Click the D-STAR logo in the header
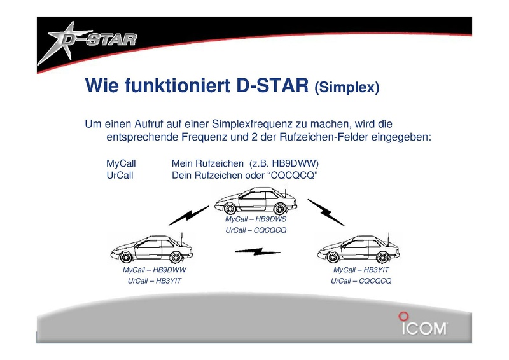pyautogui.click(x=88, y=41)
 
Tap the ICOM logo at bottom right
pyautogui.click(x=423, y=324)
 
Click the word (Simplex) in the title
pyautogui.click(x=347, y=87)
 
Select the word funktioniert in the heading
pyautogui.click(x=178, y=85)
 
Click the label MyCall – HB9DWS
pyautogui.click(x=256, y=219)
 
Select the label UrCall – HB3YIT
pyautogui.click(x=155, y=280)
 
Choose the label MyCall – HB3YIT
pyautogui.click(x=361, y=270)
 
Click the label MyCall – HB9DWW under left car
pyautogui.click(x=155, y=270)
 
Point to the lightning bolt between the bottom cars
pyautogui.click(x=258, y=252)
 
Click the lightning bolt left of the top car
pyautogui.click(x=188, y=215)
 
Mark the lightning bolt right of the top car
pyautogui.click(x=326, y=212)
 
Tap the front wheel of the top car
pyautogui.click(x=230, y=208)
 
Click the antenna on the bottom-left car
pyautogui.click(x=182, y=240)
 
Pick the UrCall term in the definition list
pyautogui.click(x=120, y=176)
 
